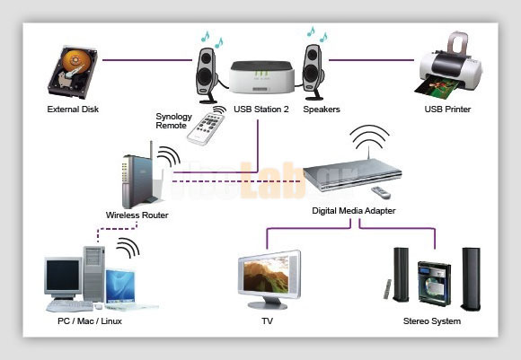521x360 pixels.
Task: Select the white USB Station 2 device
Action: pyautogui.click(x=260, y=78)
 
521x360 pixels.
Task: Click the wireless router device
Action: pyautogui.click(x=137, y=180)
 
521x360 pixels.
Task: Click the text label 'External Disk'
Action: pyautogui.click(x=73, y=110)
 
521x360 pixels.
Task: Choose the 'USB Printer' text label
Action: pyautogui.click(x=447, y=110)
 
